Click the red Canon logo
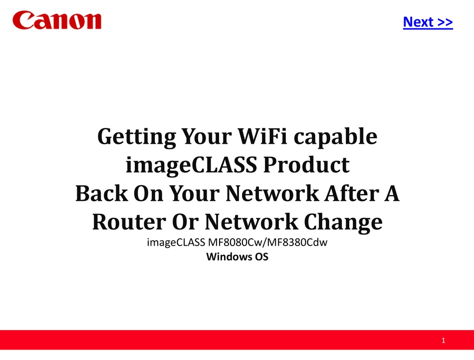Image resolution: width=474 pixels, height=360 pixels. [x=57, y=20]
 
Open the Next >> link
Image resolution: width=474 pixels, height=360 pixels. [x=428, y=22]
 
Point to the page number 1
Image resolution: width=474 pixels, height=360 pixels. [x=443, y=341]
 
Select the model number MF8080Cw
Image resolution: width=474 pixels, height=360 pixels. [x=229, y=244]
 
